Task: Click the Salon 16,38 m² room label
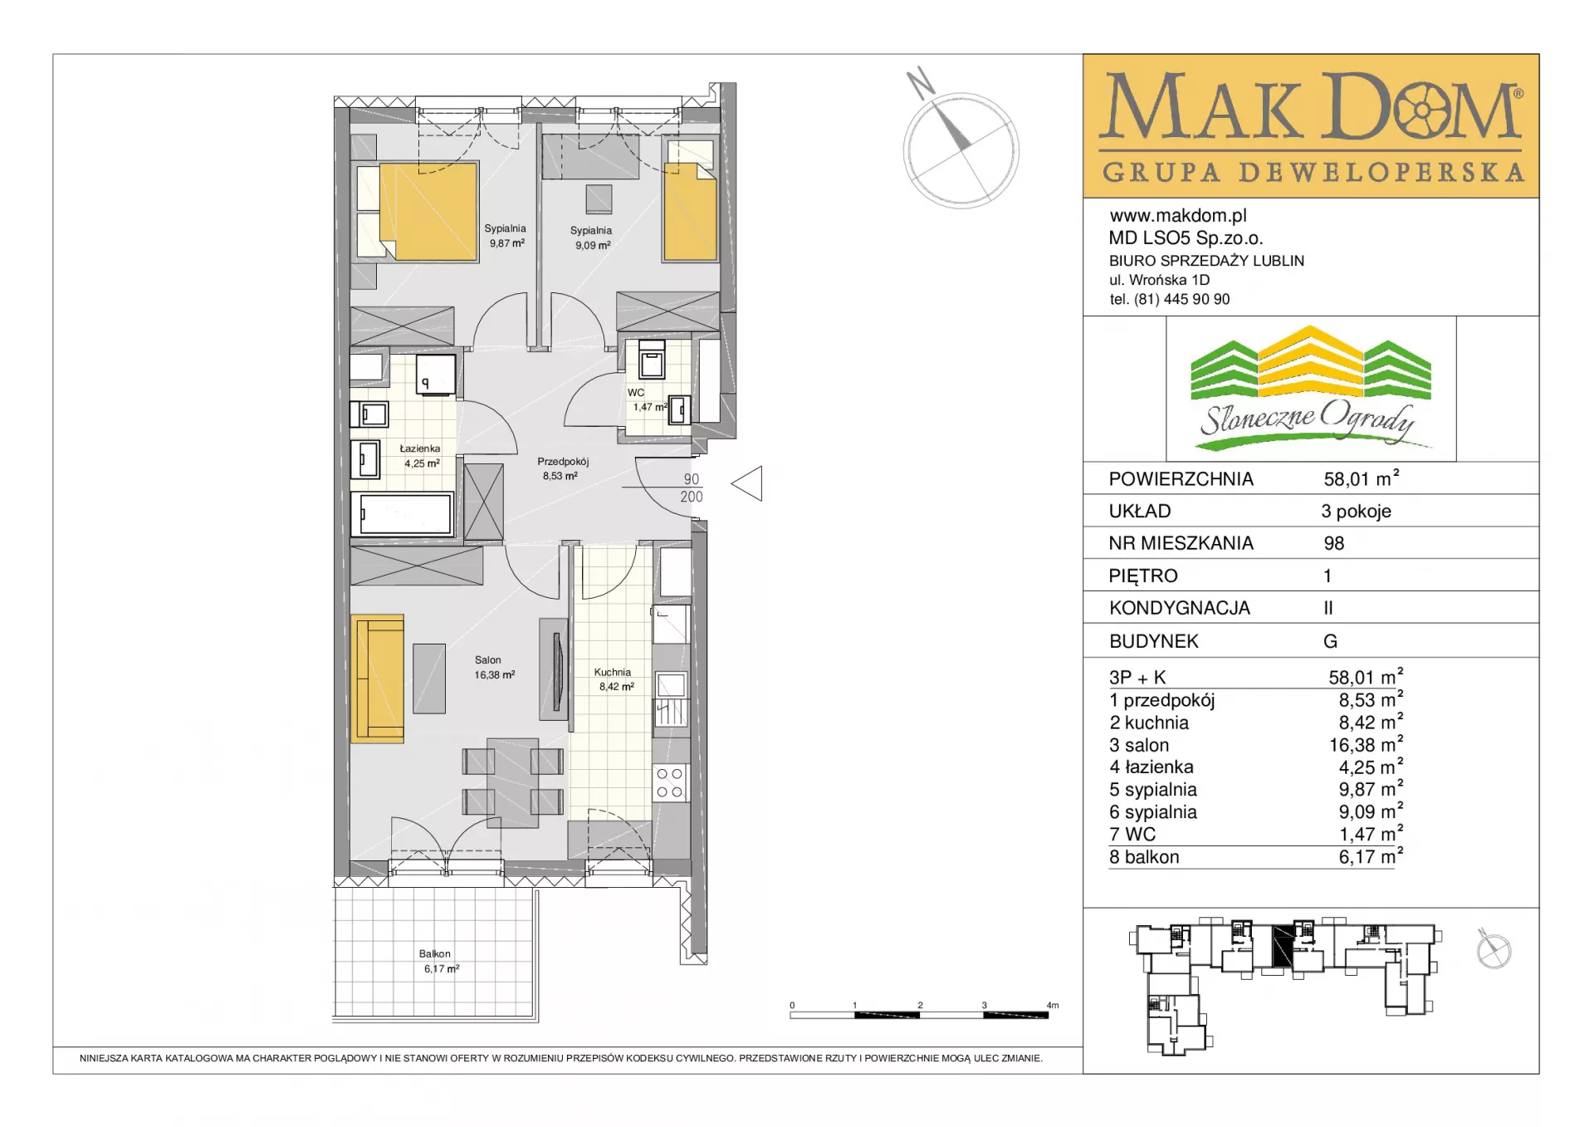[495, 668]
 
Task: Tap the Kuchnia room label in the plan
[613, 672]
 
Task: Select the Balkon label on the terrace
[435, 953]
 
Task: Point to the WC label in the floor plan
[636, 393]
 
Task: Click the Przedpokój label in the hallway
[563, 461]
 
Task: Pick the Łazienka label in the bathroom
[420, 448]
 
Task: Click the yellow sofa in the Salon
[378, 678]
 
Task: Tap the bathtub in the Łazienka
[402, 513]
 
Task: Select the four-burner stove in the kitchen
[670, 782]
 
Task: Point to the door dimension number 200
[692, 497]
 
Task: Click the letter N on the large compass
[920, 82]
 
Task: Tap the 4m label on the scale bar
[1053, 1005]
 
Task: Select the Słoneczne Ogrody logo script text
[1308, 420]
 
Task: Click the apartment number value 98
[1334, 543]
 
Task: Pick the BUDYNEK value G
[1330, 641]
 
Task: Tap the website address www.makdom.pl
[1178, 216]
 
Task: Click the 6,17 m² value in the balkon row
[1370, 856]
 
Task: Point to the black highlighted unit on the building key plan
[1284, 946]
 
